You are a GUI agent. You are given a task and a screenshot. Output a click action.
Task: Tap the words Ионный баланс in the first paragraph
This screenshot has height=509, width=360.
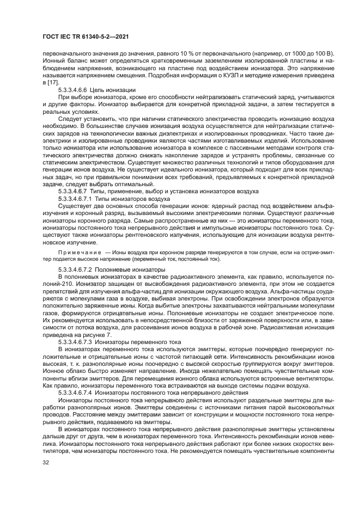click(x=56, y=62)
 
